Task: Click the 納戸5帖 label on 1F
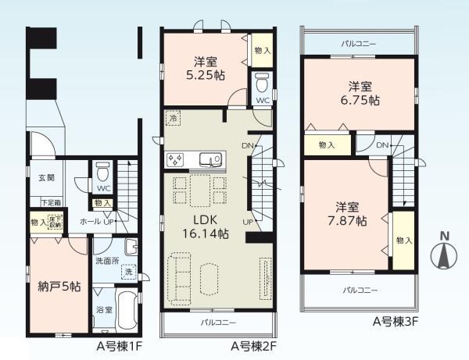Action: (x=59, y=287)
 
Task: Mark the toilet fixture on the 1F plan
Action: (x=101, y=173)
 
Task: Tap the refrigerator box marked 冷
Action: (x=172, y=116)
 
